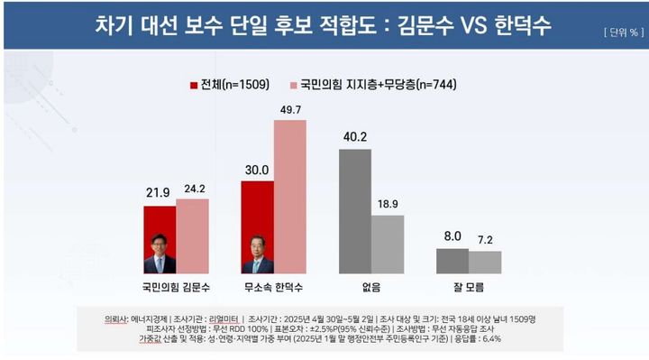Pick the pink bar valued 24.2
pyautogui.click(x=192, y=235)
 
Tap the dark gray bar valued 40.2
pyautogui.click(x=354, y=211)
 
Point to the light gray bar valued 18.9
pyautogui.click(x=387, y=244)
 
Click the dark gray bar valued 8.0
pyautogui.click(x=452, y=261)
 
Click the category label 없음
pyautogui.click(x=370, y=287)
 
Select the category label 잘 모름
pyautogui.click(x=468, y=287)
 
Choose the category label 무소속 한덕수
pyautogui.click(x=273, y=287)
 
